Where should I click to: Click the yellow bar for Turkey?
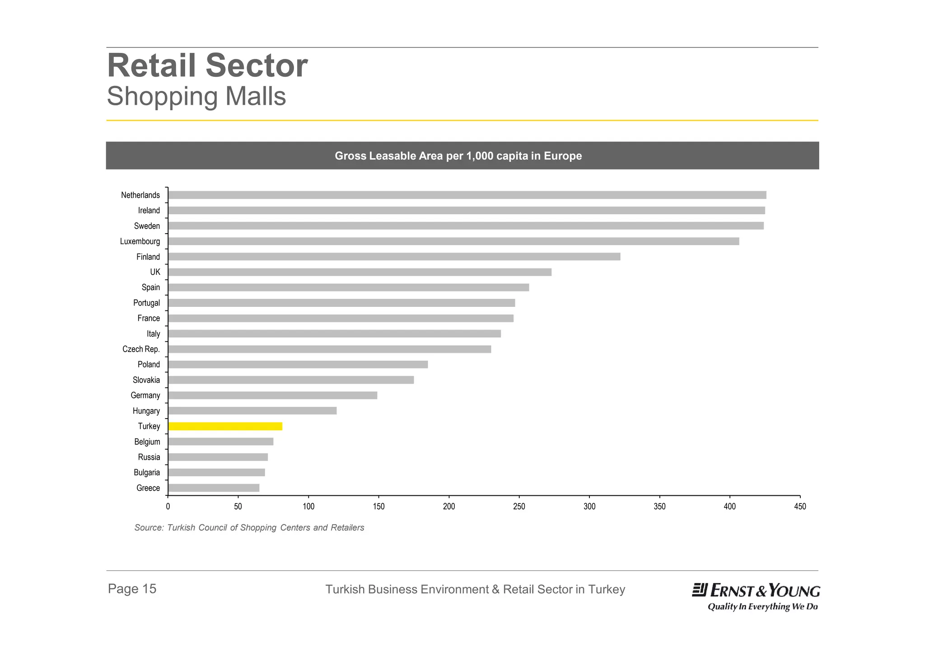click(x=225, y=426)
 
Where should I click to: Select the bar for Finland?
click(x=394, y=257)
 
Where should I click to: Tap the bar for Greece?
click(x=214, y=488)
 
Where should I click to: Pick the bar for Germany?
click(x=272, y=395)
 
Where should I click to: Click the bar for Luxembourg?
click(x=453, y=241)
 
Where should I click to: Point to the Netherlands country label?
click(x=140, y=195)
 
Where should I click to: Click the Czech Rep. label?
click(x=141, y=349)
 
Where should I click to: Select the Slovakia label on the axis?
click(x=146, y=380)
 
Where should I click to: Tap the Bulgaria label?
click(x=147, y=472)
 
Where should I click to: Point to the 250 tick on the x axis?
click(x=519, y=507)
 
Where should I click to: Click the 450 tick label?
click(x=800, y=507)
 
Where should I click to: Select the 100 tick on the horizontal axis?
click(x=308, y=507)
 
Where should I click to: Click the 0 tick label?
click(x=168, y=507)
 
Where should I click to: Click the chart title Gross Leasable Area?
click(x=458, y=156)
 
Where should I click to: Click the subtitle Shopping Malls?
click(x=196, y=96)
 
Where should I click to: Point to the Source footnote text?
click(x=249, y=527)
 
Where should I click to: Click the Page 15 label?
click(x=132, y=588)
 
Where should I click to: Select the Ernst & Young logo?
click(x=756, y=596)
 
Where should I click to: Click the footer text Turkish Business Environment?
click(x=475, y=589)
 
